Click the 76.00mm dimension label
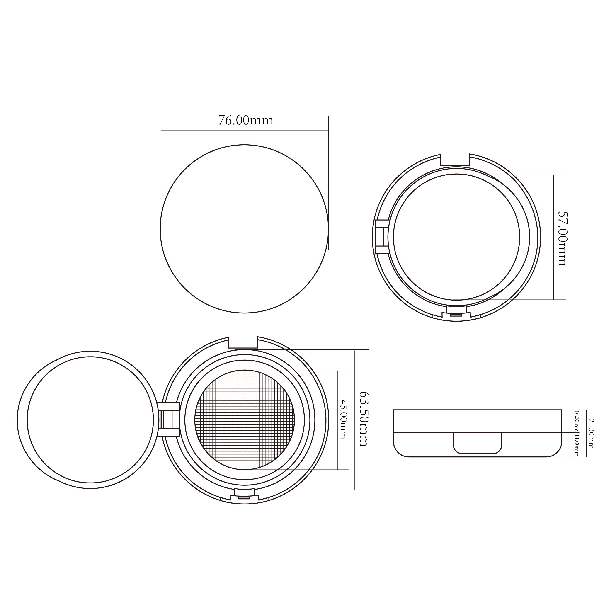245,121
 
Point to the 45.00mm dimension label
343,419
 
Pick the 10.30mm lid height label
576,421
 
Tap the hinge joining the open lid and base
169,420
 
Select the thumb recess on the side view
477,443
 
